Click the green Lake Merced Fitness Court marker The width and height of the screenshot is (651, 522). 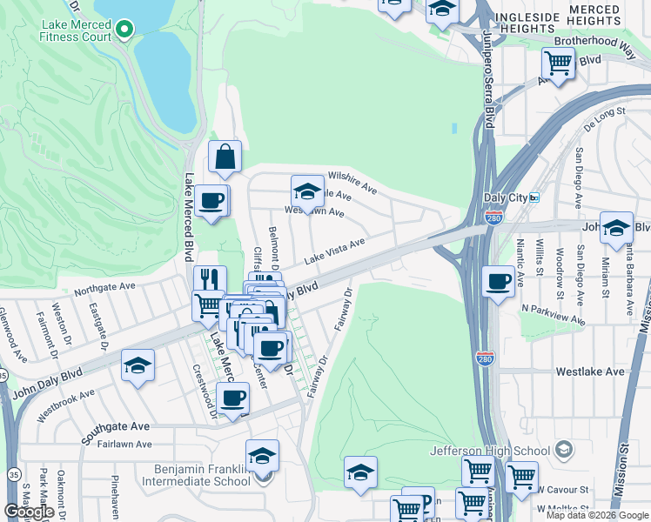[x=124, y=30]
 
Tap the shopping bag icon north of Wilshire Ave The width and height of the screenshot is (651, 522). [x=225, y=157]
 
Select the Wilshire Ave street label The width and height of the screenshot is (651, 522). [x=352, y=182]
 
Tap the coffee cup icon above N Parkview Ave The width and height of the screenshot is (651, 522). [x=498, y=282]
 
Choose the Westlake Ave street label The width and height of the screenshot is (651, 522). [x=590, y=371]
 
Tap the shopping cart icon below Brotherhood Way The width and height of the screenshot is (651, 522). [x=558, y=63]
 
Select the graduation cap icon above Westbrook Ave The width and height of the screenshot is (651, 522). [x=138, y=365]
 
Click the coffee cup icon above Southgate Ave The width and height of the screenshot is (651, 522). [x=232, y=398]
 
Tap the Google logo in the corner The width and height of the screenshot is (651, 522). [x=29, y=512]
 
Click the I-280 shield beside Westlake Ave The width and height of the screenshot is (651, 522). [x=485, y=358]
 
